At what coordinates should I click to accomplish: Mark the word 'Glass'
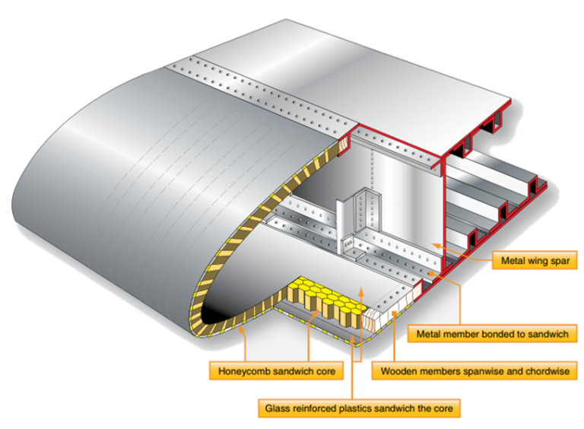pyautogui.click(x=278, y=408)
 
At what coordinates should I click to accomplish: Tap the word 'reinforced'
pyautogui.click(x=316, y=408)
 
